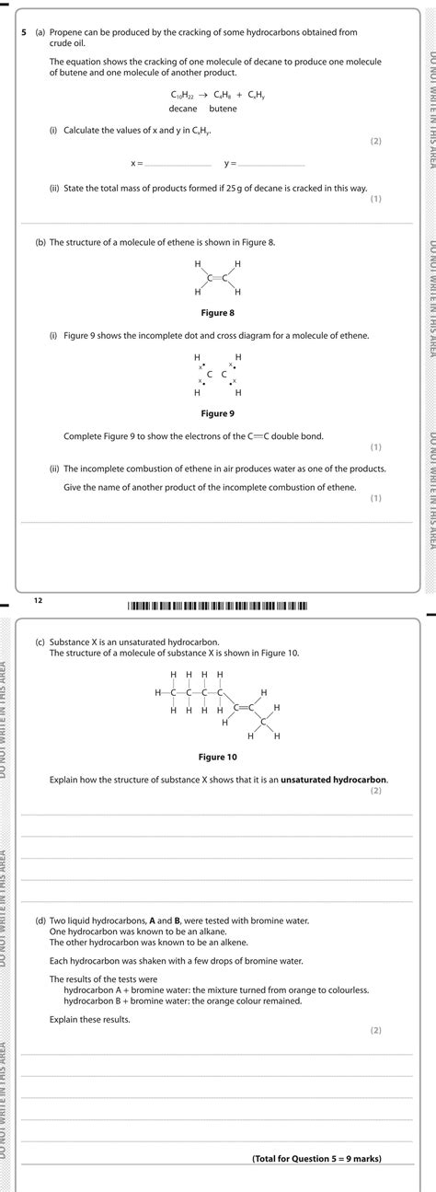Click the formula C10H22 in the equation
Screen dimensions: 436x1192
tap(183, 95)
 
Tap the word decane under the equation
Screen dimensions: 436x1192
tap(183, 109)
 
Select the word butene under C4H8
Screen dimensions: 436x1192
tap(223, 109)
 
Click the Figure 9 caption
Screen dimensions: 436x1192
tap(218, 413)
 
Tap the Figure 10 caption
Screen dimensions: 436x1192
tap(218, 758)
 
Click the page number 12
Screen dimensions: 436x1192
tap(39, 599)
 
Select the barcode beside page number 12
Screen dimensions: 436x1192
tap(218, 605)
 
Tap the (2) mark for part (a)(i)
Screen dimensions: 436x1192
tap(375, 141)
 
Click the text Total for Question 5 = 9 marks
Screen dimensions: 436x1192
tap(316, 1158)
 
